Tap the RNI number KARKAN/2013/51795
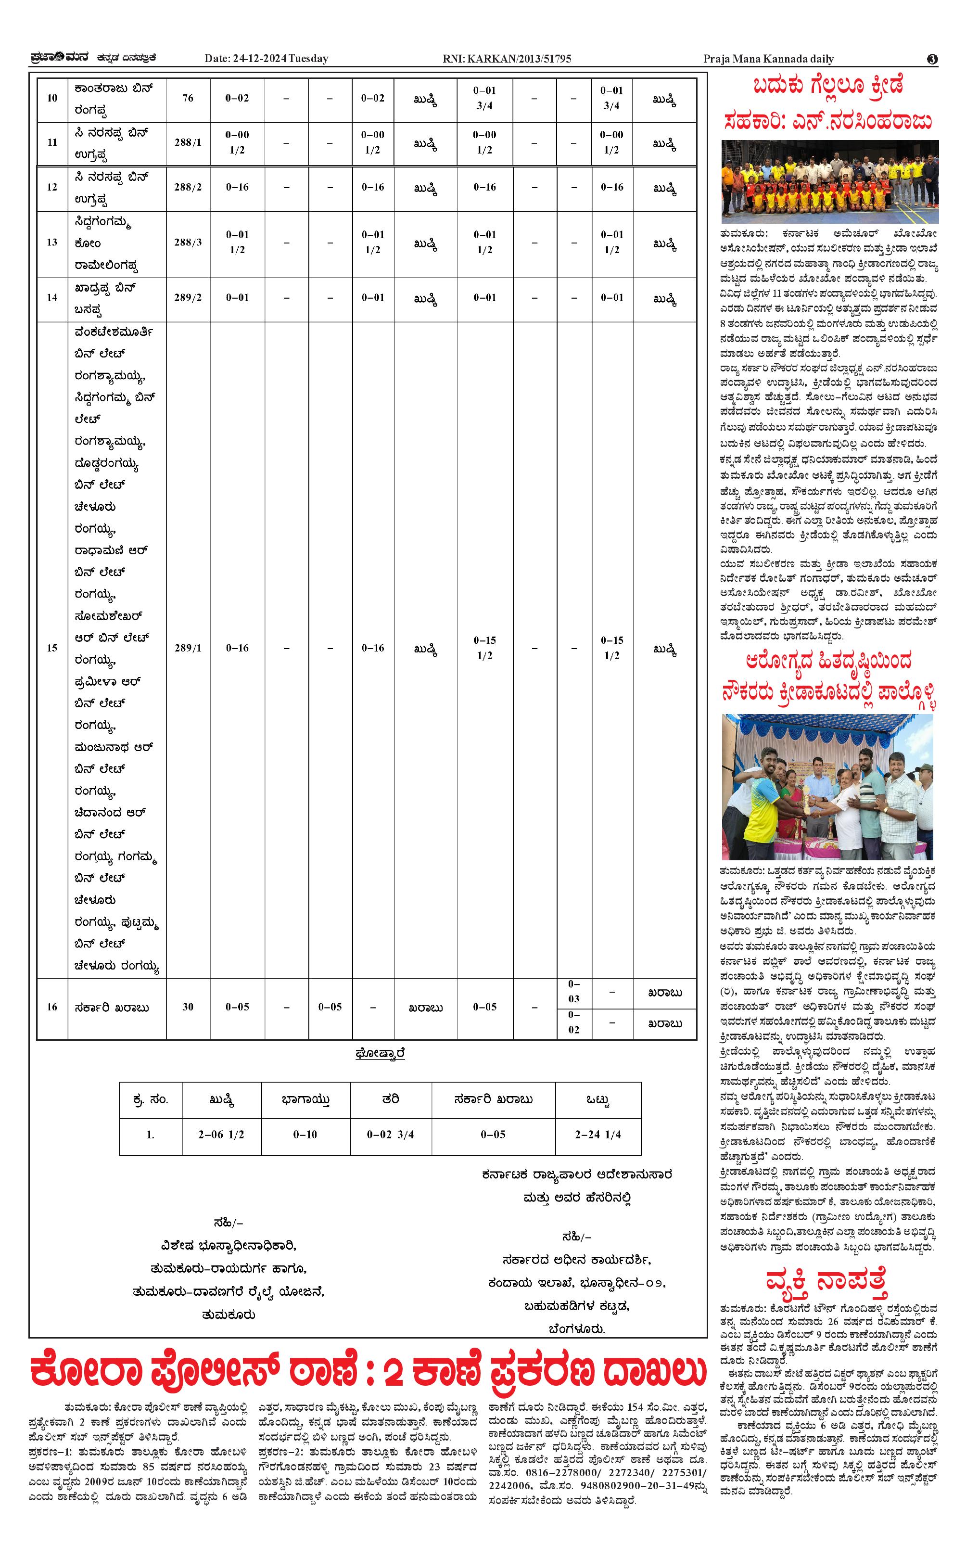pyautogui.click(x=507, y=59)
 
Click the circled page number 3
pyautogui.click(x=932, y=59)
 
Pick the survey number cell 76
pyautogui.click(x=188, y=98)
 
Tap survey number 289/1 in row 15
pyautogui.click(x=188, y=648)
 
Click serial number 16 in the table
pyautogui.click(x=52, y=1007)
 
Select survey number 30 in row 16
pyautogui.click(x=188, y=1007)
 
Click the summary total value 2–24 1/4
pyautogui.click(x=598, y=1135)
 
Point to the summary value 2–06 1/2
pyautogui.click(x=221, y=1135)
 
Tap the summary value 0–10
pyautogui.click(x=305, y=1135)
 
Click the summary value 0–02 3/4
pyautogui.click(x=390, y=1135)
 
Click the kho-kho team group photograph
pyautogui.click(x=830, y=181)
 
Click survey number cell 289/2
pyautogui.click(x=188, y=298)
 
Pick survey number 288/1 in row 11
pyautogui.click(x=188, y=142)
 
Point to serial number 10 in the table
pyautogui.click(x=52, y=98)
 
